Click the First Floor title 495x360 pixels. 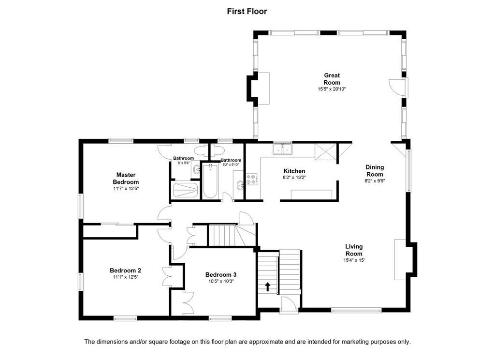pyautogui.click(x=247, y=12)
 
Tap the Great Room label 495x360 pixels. pyautogui.click(x=332, y=79)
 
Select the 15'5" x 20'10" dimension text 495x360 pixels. pyautogui.click(x=332, y=89)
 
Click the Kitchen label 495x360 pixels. pyautogui.click(x=294, y=171)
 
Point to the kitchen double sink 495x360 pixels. pyautogui.click(x=282, y=149)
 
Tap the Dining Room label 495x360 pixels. pyautogui.click(x=375, y=171)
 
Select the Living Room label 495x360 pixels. pyautogui.click(x=354, y=250)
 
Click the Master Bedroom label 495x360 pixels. pyautogui.click(x=126, y=178)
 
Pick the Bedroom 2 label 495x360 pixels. pyautogui.click(x=125, y=270)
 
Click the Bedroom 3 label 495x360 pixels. pyautogui.click(x=220, y=275)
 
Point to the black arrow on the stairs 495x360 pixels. pyautogui.click(x=268, y=286)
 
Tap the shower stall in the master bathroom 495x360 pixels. pyautogui.click(x=185, y=190)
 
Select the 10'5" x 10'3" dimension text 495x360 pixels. pyautogui.click(x=220, y=281)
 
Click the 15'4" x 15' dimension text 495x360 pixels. pyautogui.click(x=354, y=260)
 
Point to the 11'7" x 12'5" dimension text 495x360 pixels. pyautogui.click(x=126, y=189)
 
